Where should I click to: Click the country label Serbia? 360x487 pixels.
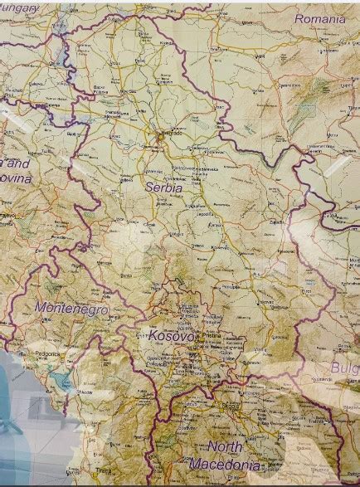pos(163,187)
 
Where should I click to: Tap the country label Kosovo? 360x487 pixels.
pos(173,336)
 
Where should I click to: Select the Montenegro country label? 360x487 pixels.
pos(71,308)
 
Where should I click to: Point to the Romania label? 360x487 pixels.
pos(319,17)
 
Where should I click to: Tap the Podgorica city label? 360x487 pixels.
pos(46,354)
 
